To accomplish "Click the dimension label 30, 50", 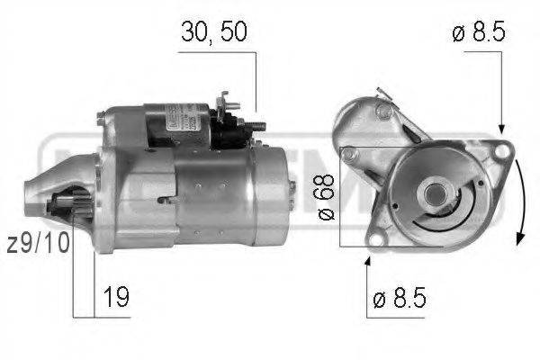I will [212, 32].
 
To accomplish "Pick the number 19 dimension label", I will [116, 293].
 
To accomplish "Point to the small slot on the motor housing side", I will [163, 199].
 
